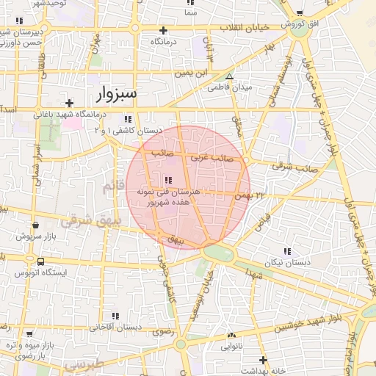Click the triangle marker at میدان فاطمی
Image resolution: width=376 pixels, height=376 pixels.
[x=230, y=76]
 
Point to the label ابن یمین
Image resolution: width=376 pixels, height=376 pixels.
[x=198, y=73]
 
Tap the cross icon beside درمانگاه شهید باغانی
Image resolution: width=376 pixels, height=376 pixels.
[x=69, y=103]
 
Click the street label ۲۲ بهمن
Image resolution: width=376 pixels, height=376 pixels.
[x=249, y=195]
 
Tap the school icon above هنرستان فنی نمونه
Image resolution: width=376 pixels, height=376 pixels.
[x=168, y=180]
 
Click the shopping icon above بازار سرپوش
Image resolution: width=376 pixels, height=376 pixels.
[x=35, y=225]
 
